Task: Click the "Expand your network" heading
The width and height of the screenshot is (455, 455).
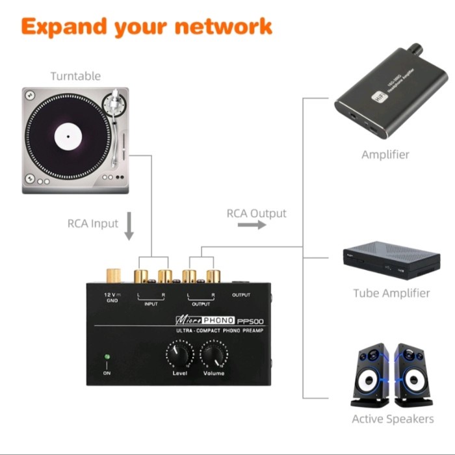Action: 146,27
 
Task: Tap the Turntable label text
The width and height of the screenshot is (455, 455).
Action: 76,76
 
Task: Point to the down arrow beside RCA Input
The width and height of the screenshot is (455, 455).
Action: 129,226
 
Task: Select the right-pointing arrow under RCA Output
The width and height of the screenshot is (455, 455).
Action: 252,225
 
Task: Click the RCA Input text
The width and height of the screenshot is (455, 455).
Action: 93,224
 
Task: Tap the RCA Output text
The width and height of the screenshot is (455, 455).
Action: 256,213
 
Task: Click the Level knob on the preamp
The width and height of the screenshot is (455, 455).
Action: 180,354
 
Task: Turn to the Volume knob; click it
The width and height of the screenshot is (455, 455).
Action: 214,354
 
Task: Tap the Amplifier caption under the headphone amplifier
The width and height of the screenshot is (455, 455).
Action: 385,155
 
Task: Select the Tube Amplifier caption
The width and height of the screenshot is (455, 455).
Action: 391,293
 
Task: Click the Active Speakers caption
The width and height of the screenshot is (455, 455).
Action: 393,419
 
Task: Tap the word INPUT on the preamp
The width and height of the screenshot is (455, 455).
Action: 151,304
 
